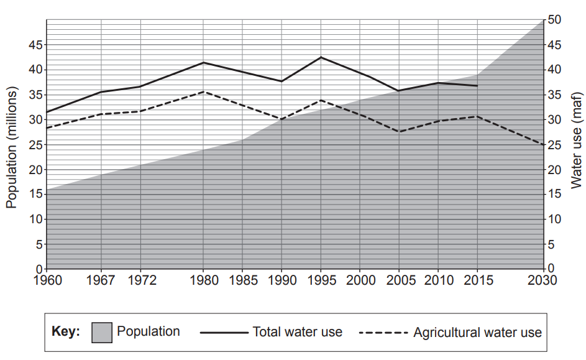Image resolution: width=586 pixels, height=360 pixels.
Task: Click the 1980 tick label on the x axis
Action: point(204,280)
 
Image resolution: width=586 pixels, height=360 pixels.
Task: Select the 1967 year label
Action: point(101,280)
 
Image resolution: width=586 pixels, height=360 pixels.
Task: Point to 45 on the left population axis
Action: point(34,45)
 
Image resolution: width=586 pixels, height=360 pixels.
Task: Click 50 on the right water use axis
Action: point(554,20)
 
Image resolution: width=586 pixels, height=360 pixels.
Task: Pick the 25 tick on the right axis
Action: point(554,144)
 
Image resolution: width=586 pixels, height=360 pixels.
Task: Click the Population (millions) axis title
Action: point(12,147)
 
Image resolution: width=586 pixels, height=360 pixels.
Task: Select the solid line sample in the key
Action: point(223,333)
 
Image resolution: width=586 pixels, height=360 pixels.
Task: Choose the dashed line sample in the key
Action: point(383,333)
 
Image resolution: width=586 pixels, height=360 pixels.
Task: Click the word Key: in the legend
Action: point(66,332)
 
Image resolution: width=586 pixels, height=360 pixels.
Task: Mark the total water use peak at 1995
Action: point(321,57)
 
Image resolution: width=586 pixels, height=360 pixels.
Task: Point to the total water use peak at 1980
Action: point(204,62)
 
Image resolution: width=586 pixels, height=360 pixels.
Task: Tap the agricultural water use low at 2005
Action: point(398,132)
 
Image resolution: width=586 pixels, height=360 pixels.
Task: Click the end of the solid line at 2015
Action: point(477,86)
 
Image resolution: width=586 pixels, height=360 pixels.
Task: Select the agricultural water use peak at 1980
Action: point(204,92)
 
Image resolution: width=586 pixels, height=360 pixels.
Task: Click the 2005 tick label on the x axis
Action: point(398,280)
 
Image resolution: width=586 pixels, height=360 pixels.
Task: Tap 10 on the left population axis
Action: point(34,219)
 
